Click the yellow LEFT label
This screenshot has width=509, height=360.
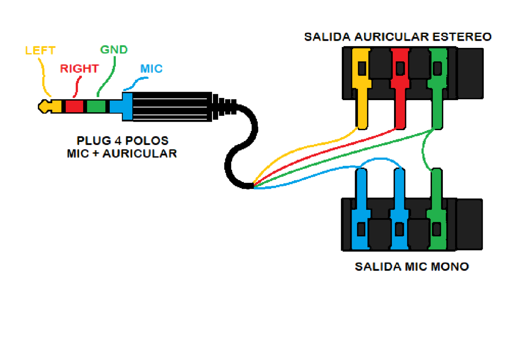[x=40, y=50]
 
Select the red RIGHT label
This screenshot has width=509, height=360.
[x=79, y=69]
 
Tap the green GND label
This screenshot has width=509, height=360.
[x=114, y=50]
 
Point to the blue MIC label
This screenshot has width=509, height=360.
[x=151, y=69]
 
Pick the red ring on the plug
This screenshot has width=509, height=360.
[x=74, y=106]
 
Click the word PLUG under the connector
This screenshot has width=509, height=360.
[x=90, y=140]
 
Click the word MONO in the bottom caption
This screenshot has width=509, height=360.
[x=449, y=267]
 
